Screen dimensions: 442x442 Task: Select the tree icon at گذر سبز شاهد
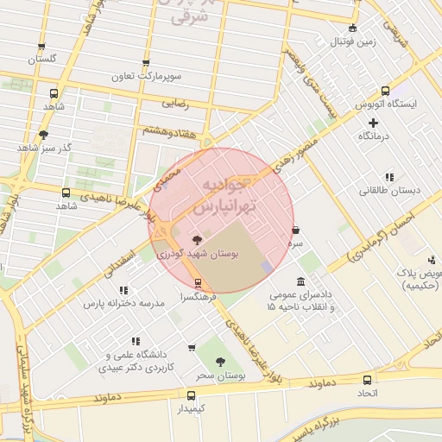click(43, 134)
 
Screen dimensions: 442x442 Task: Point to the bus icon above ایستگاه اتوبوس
click(386, 91)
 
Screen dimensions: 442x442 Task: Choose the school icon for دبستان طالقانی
click(389, 177)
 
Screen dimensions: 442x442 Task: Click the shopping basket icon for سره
click(296, 230)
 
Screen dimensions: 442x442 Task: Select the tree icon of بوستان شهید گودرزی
click(198, 240)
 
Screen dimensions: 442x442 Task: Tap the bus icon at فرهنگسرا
click(199, 282)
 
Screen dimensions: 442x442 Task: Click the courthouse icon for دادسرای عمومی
click(300, 281)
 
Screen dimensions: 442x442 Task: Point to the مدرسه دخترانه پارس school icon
click(123, 290)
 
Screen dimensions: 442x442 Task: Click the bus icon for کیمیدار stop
click(192, 395)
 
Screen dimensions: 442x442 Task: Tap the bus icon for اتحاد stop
click(368, 380)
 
